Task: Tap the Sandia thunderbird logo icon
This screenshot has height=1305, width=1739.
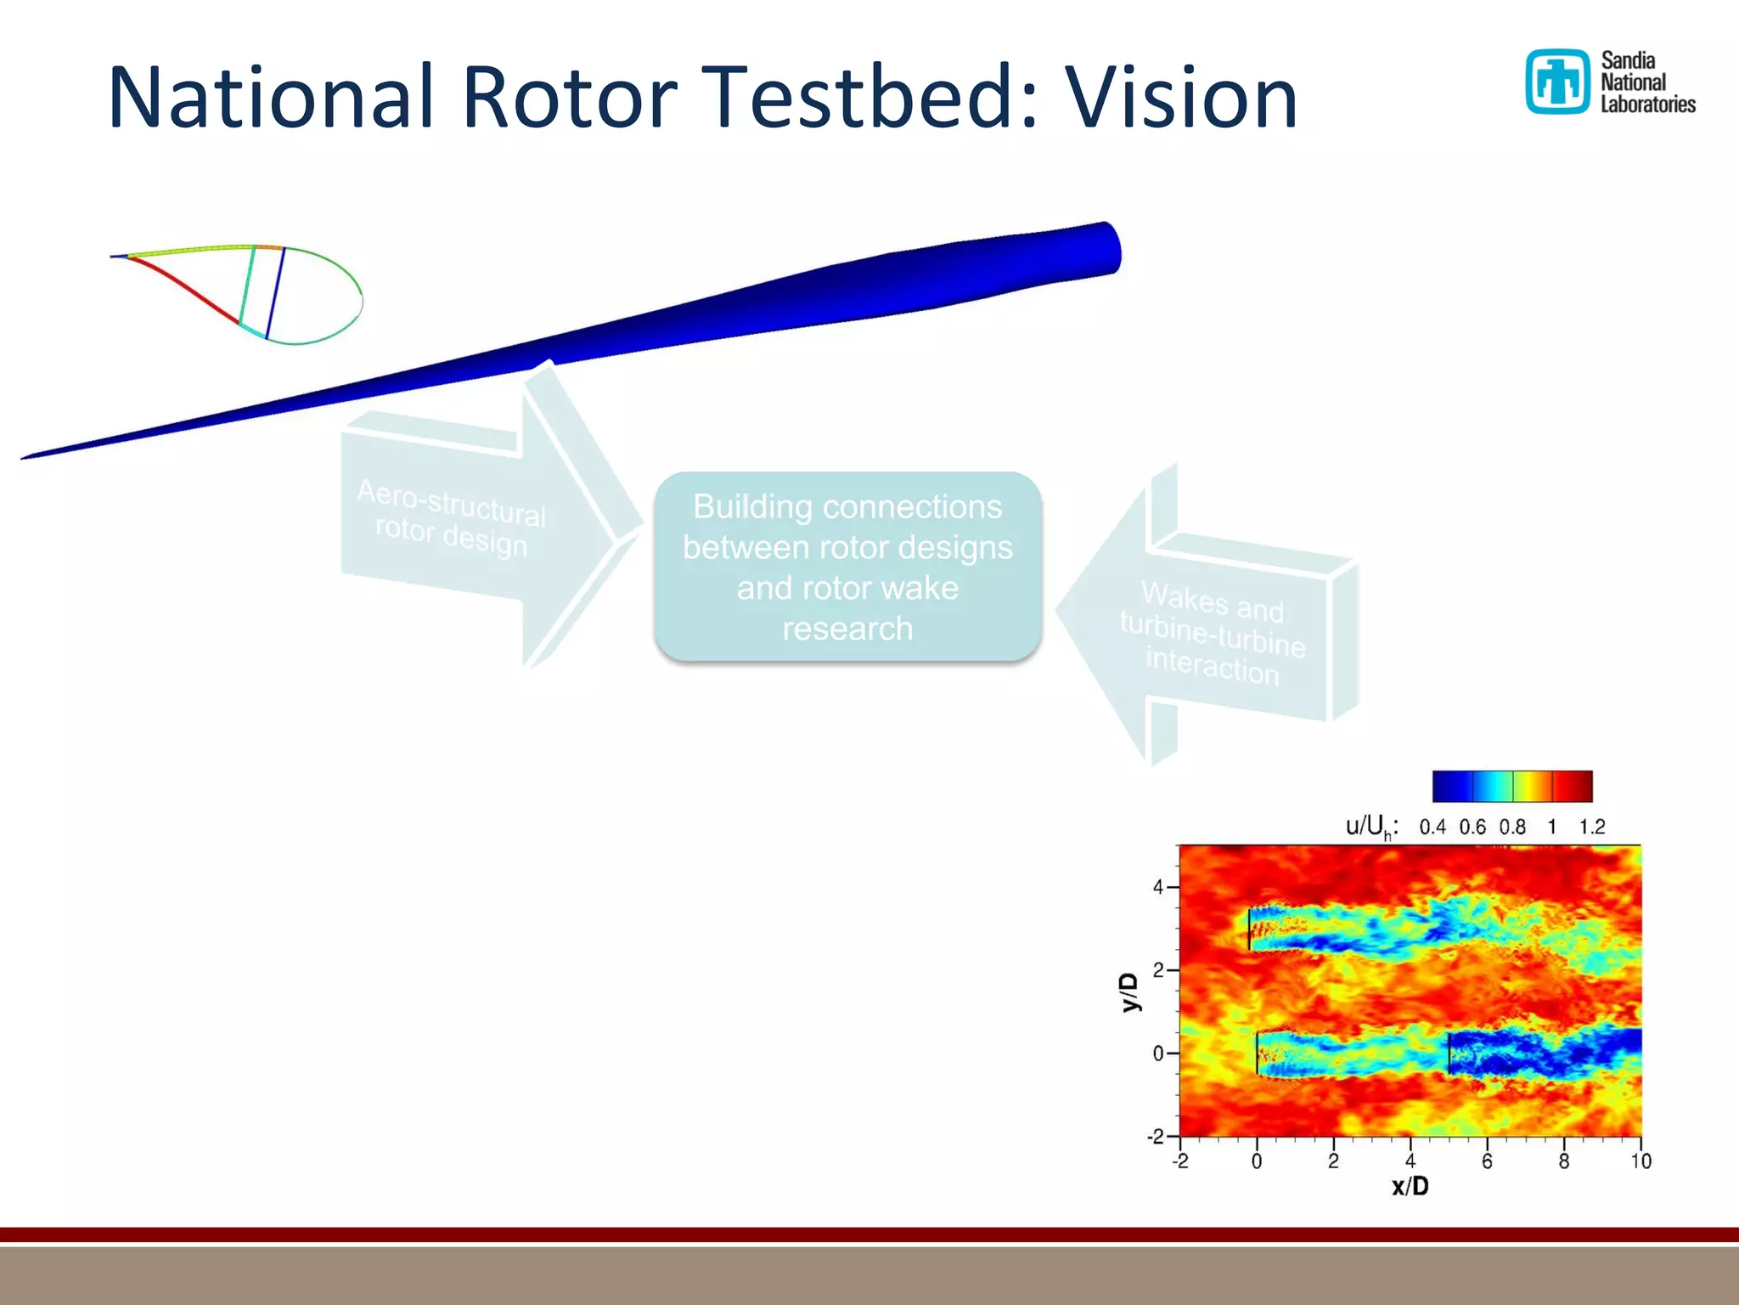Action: coord(1557,82)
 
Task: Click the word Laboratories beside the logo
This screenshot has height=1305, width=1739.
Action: coord(1647,105)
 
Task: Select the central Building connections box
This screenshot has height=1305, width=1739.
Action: coord(847,567)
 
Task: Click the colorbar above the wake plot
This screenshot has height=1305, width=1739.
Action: coord(1511,786)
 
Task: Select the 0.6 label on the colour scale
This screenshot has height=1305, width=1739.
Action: coord(1472,827)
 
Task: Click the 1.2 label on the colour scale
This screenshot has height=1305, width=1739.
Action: coord(1591,827)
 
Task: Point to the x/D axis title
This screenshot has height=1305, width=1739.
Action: coord(1410,1186)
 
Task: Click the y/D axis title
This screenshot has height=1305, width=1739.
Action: coord(1129,991)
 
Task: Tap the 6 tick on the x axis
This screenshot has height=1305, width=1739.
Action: coord(1487,1161)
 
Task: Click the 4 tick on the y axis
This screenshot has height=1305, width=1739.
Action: coord(1158,887)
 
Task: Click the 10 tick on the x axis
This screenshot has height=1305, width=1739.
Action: coord(1641,1161)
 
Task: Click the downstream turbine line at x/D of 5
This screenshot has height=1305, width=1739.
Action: coord(1449,1054)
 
